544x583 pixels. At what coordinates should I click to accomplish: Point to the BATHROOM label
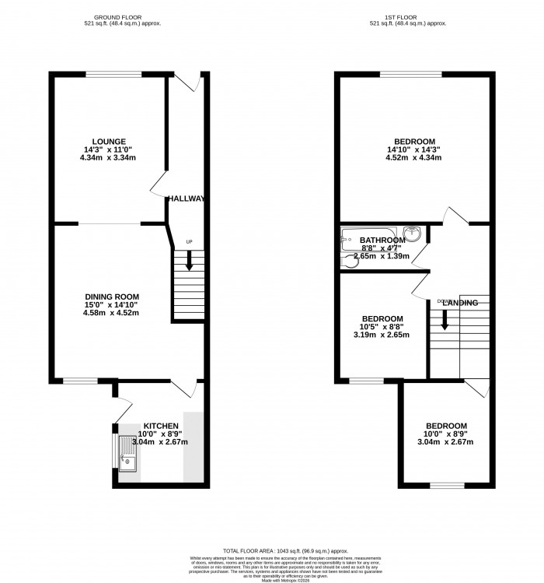click(381, 241)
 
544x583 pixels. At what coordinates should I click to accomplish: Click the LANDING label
click(462, 302)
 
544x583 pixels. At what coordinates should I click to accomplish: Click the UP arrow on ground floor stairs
click(189, 262)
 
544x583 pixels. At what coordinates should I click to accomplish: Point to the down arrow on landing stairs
click(445, 318)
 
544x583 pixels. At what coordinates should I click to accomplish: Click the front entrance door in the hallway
click(187, 79)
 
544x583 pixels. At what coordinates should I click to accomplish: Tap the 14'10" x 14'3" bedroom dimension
click(415, 149)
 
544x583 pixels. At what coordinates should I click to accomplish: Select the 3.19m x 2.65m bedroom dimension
click(382, 335)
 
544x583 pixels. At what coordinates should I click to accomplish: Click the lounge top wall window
click(113, 75)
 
